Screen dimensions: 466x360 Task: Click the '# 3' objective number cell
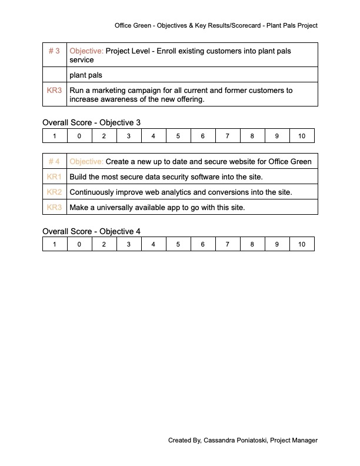coord(54,51)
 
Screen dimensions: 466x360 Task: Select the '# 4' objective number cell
coord(54,161)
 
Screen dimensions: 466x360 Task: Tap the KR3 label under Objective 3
coord(54,91)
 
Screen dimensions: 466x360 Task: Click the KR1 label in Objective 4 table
coord(54,177)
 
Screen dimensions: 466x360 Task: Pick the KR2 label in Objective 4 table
coord(54,192)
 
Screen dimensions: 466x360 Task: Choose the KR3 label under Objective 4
coord(54,207)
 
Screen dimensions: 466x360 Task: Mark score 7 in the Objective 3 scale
coord(227,136)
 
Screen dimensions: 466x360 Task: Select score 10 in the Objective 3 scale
coord(301,136)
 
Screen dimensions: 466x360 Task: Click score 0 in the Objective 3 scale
coord(79,136)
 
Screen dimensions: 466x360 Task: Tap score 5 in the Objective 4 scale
coord(178,244)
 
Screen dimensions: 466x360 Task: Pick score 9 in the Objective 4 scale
coord(276,244)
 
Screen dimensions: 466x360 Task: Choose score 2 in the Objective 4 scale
coord(104,244)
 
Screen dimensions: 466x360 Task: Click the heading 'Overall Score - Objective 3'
coord(91,122)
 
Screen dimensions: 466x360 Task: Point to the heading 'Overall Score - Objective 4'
coord(91,231)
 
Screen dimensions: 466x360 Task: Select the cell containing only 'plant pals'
coord(86,75)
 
